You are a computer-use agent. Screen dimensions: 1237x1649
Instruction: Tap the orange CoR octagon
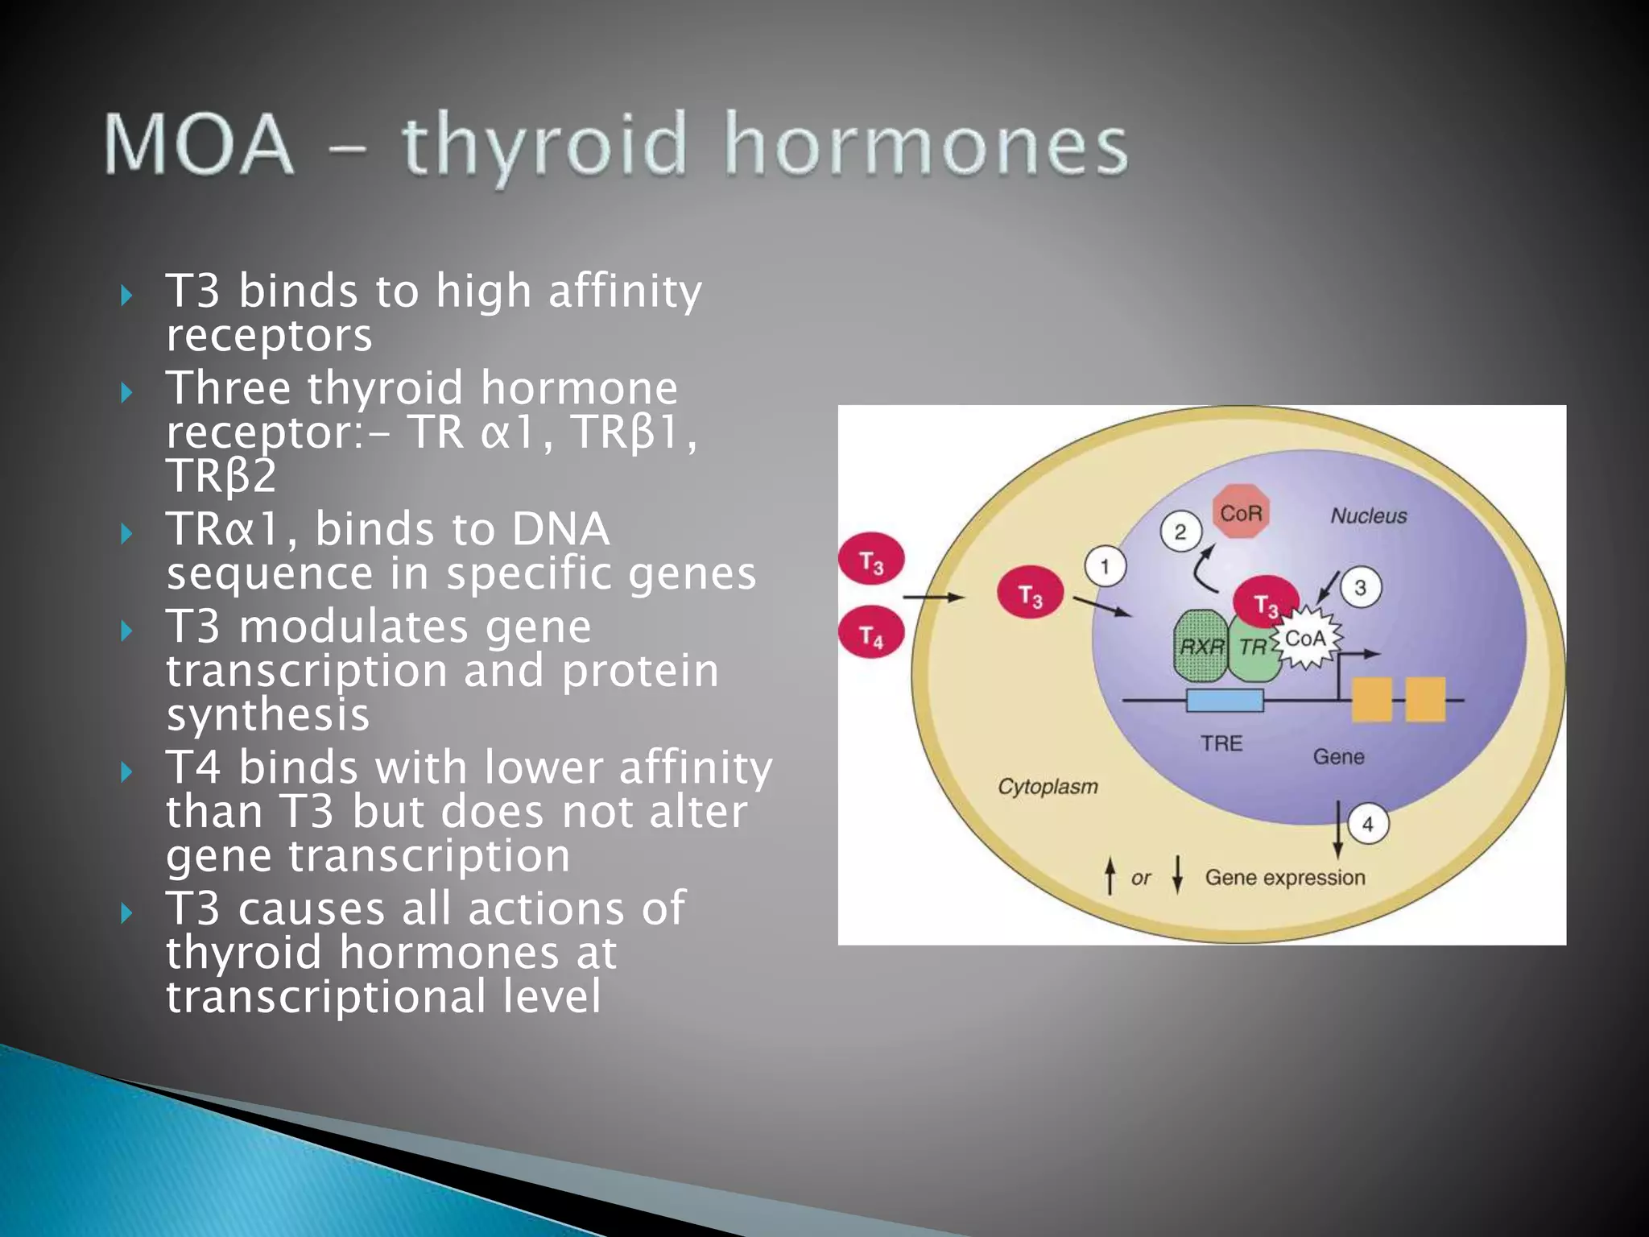1241,512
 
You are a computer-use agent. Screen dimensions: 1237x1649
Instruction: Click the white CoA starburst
1305,639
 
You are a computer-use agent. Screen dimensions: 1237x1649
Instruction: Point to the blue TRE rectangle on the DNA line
1225,701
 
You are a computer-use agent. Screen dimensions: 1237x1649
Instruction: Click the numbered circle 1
1105,566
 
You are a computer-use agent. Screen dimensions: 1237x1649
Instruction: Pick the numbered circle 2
1180,532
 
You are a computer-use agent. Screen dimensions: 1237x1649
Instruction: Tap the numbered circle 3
1361,587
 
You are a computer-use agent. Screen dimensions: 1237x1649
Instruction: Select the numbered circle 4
1367,824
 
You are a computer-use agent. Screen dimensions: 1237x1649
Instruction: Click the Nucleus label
1368,515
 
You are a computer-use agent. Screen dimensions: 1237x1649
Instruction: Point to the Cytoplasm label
1048,786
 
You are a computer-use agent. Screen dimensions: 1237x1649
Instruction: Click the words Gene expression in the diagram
1284,877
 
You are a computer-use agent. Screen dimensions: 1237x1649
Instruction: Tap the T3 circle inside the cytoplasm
1030,594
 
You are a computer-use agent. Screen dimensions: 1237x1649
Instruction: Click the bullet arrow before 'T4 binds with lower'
126,772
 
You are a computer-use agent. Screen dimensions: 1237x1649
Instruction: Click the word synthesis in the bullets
267,714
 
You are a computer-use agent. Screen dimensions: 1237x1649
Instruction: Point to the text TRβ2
221,475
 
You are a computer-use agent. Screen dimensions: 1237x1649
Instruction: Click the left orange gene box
1371,699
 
